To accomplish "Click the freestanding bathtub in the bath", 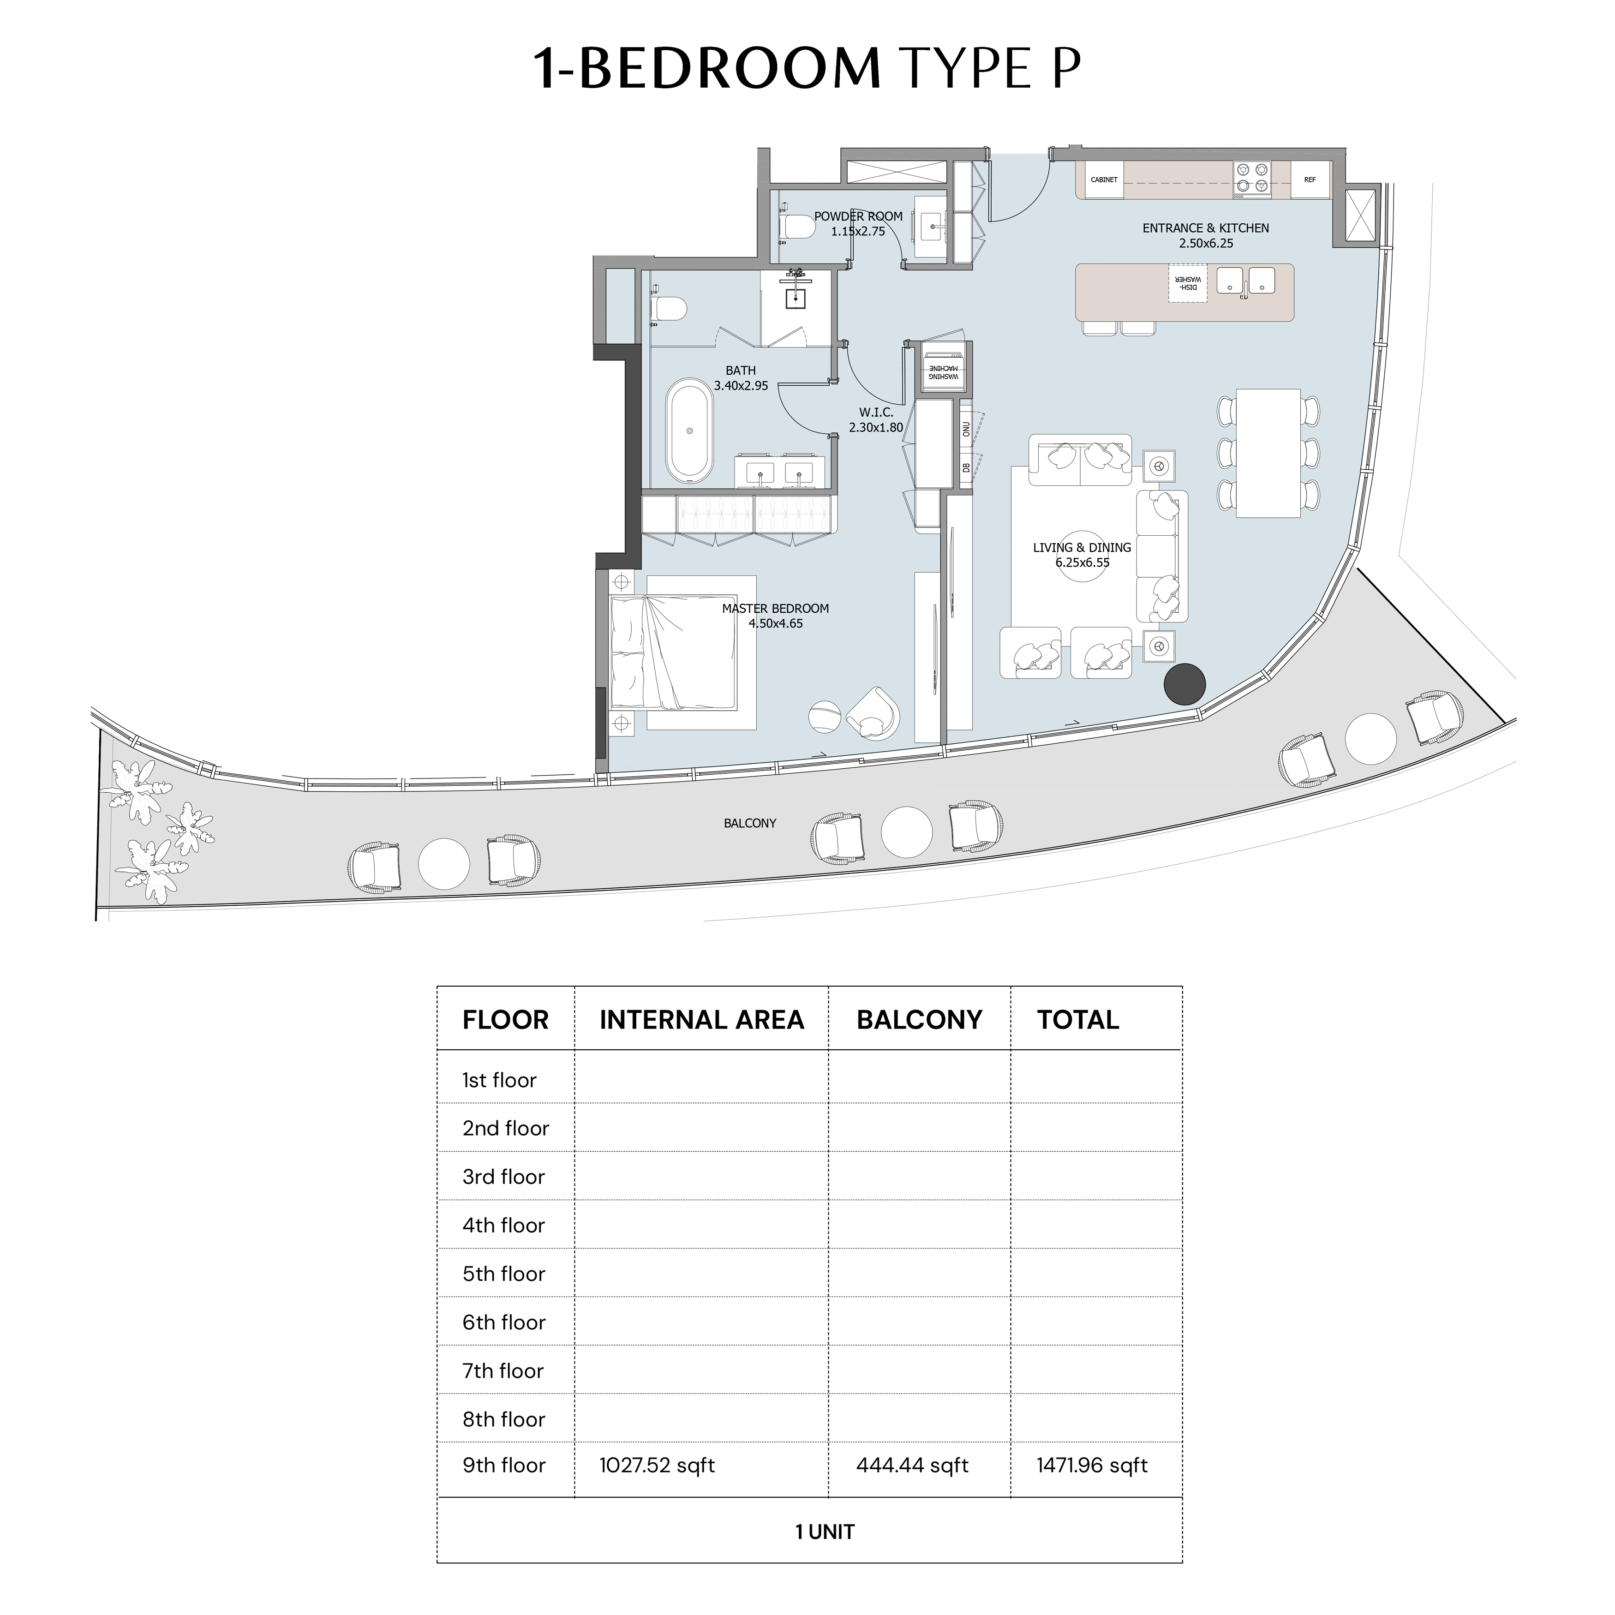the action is click(690, 431).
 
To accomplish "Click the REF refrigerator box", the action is click(1310, 179).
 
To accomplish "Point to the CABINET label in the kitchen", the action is click(1104, 179).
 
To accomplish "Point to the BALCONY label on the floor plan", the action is click(750, 823).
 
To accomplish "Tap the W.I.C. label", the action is click(876, 412).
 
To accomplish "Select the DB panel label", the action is click(966, 468).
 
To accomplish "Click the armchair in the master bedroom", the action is click(874, 713).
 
